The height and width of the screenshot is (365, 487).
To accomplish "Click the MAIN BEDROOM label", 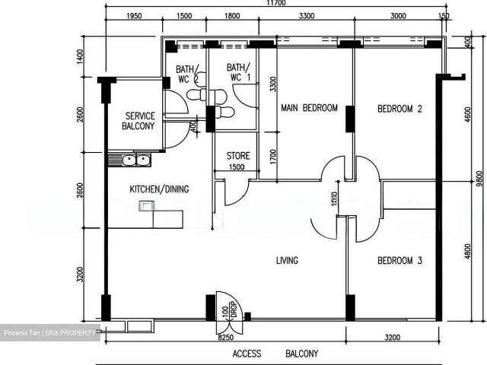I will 309,108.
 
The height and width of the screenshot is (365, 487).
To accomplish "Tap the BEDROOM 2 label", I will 399,109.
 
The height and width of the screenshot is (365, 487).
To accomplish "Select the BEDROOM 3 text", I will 399,261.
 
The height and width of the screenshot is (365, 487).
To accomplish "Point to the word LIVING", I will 287,261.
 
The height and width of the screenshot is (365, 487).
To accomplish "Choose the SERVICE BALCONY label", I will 140,121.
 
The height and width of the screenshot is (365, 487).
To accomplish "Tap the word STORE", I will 238,156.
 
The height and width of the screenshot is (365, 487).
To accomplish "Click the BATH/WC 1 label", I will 240,72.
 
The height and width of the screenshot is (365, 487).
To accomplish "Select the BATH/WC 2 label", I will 187,72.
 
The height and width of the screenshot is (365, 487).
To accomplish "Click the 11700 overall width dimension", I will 276,4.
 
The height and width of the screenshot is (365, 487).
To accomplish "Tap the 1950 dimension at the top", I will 133,16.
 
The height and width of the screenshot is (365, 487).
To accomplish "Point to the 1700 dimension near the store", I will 273,157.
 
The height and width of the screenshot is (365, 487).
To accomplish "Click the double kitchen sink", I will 131,160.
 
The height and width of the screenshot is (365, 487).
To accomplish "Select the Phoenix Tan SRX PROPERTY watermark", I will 49,332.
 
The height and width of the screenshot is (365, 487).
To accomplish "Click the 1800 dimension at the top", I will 232,16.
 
